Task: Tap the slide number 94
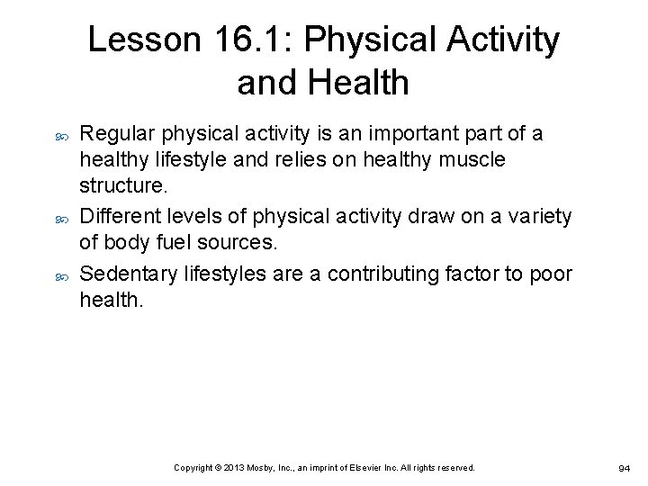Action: click(623, 469)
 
